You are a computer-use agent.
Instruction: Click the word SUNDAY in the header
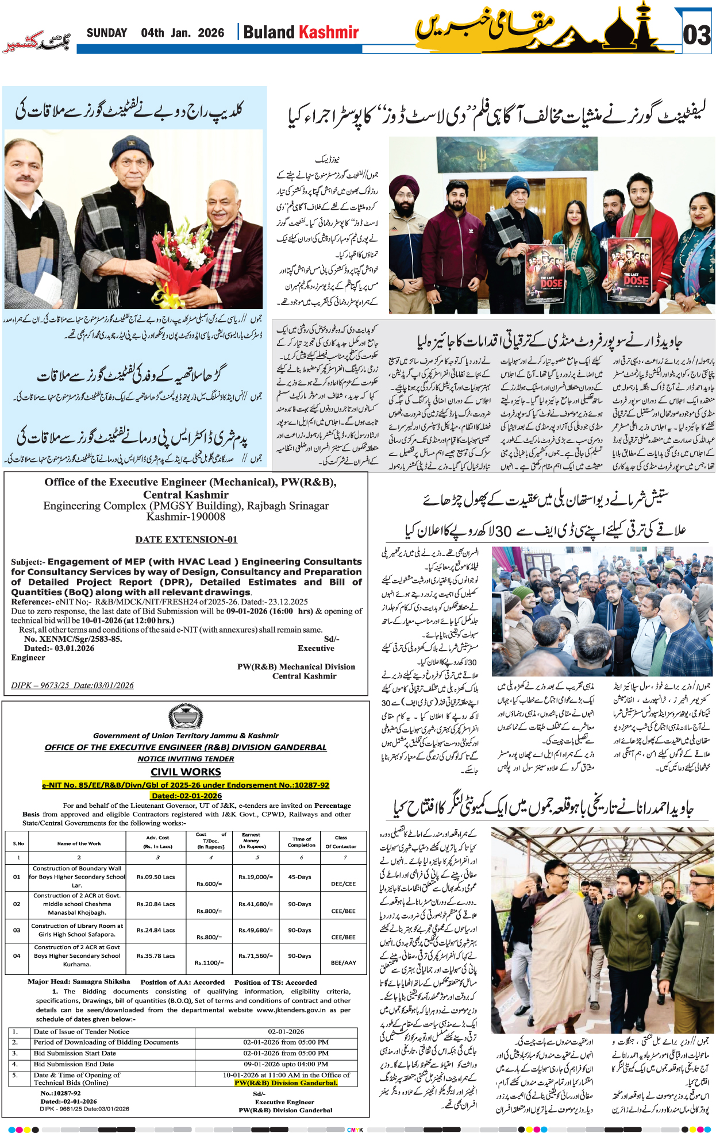tap(107, 33)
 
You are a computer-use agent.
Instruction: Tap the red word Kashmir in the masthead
tap(329, 32)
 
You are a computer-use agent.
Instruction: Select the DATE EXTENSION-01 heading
tap(186, 539)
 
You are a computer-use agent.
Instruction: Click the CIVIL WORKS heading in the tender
tap(186, 772)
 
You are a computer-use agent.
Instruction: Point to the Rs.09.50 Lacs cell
tap(156, 877)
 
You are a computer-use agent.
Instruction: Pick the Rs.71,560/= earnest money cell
tap(256, 956)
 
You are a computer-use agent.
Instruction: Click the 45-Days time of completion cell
tap(299, 877)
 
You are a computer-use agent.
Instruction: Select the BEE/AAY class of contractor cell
tap(343, 962)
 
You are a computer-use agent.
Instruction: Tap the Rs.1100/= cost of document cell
tap(209, 962)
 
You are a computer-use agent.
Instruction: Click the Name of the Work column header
tap(79, 843)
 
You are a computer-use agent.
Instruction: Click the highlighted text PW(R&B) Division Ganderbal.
tap(286, 1083)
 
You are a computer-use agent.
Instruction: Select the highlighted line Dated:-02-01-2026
tap(186, 796)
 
